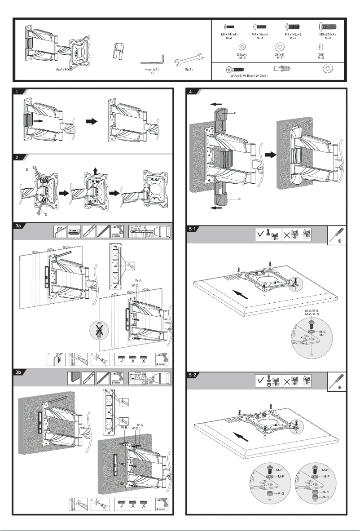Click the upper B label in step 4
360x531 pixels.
click(x=234, y=114)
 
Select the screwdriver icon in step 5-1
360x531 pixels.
click(x=337, y=237)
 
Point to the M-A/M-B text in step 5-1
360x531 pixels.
click(x=312, y=310)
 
